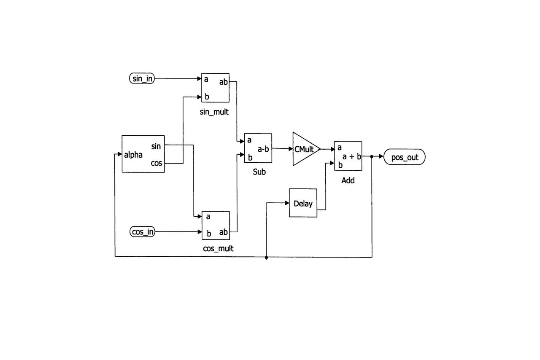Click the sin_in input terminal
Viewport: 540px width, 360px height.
(142, 78)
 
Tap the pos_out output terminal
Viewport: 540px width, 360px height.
(405, 158)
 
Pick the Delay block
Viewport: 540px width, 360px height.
(303, 203)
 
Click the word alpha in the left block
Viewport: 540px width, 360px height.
(133, 155)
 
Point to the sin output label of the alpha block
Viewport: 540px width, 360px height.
(156, 146)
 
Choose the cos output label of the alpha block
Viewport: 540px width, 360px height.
(156, 163)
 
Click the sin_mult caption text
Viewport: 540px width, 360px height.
(214, 112)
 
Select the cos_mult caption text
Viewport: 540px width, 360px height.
(218, 249)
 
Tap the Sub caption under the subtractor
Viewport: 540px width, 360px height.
(259, 172)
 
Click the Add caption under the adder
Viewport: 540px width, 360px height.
(348, 180)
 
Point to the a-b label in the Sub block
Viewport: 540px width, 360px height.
(264, 149)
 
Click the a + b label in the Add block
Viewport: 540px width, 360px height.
(351, 157)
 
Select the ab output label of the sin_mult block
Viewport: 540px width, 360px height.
(223, 82)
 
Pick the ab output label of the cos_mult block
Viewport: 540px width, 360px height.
(223, 232)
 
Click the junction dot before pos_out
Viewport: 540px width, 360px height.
(372, 157)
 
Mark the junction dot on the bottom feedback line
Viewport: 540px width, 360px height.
(266, 257)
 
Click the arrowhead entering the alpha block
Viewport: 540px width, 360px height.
(119, 155)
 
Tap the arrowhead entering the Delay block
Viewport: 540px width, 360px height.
(286, 203)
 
